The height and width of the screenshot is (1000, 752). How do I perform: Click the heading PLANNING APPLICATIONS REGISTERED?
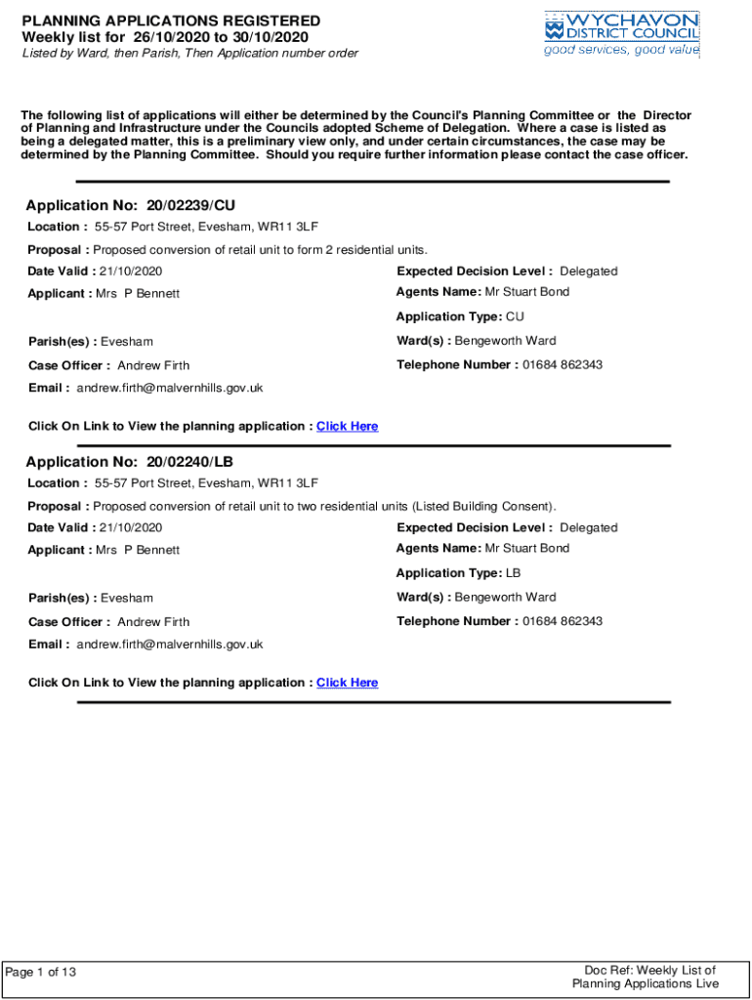click(171, 21)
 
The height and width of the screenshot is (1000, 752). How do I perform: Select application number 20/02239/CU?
click(190, 205)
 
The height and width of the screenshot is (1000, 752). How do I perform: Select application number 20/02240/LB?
click(189, 462)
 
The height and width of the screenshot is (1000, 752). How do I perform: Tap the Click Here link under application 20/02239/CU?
click(347, 427)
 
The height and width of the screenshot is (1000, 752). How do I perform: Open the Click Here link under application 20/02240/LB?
click(347, 683)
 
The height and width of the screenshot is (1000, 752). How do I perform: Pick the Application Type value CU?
click(515, 316)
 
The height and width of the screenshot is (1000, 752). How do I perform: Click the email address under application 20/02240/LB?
click(170, 645)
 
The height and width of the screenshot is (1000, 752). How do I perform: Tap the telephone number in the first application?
click(562, 365)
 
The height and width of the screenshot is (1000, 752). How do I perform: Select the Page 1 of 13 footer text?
click(41, 972)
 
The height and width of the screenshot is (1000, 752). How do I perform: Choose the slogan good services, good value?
click(621, 51)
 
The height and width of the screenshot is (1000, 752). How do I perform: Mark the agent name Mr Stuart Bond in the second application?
click(527, 549)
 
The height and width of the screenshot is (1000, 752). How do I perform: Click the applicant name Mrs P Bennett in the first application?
click(138, 294)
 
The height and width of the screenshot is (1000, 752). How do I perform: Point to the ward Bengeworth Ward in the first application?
click(506, 341)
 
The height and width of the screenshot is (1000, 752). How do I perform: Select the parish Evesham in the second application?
click(127, 598)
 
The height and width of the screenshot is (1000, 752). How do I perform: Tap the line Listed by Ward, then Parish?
click(189, 54)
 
